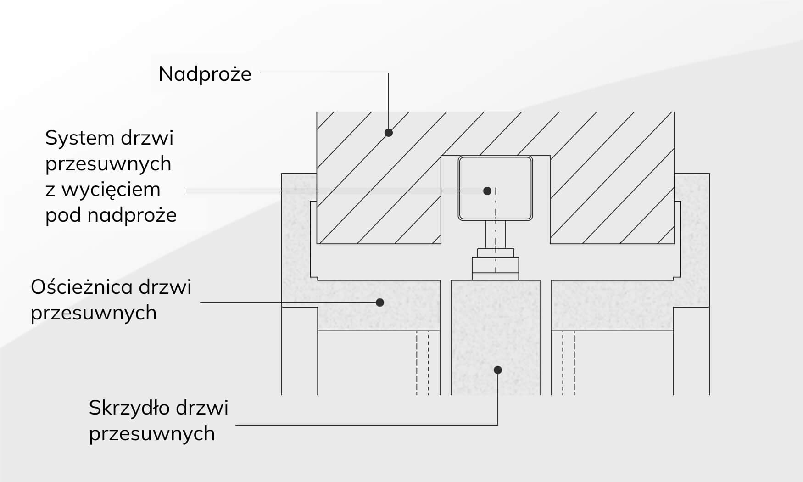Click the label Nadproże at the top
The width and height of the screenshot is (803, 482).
coord(205,74)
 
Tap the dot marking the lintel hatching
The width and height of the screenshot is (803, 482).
coord(389,133)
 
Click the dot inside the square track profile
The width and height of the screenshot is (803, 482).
coord(487,191)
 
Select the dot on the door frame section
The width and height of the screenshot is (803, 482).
coord(380,303)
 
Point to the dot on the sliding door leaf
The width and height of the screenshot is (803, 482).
coord(498,370)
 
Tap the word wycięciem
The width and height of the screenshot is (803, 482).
coord(111,190)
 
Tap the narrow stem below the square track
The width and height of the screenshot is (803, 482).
coord(496,234)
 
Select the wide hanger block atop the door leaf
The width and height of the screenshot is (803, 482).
coord(496,269)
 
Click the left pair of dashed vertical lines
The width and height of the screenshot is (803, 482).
coord(423,363)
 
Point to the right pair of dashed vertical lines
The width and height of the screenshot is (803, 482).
coord(569,363)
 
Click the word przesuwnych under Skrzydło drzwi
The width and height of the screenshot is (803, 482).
coord(152,434)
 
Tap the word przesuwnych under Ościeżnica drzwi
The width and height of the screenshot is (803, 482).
coord(94,313)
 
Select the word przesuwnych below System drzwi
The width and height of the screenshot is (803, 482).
coord(108,164)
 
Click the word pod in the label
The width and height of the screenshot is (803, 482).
coord(63,215)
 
